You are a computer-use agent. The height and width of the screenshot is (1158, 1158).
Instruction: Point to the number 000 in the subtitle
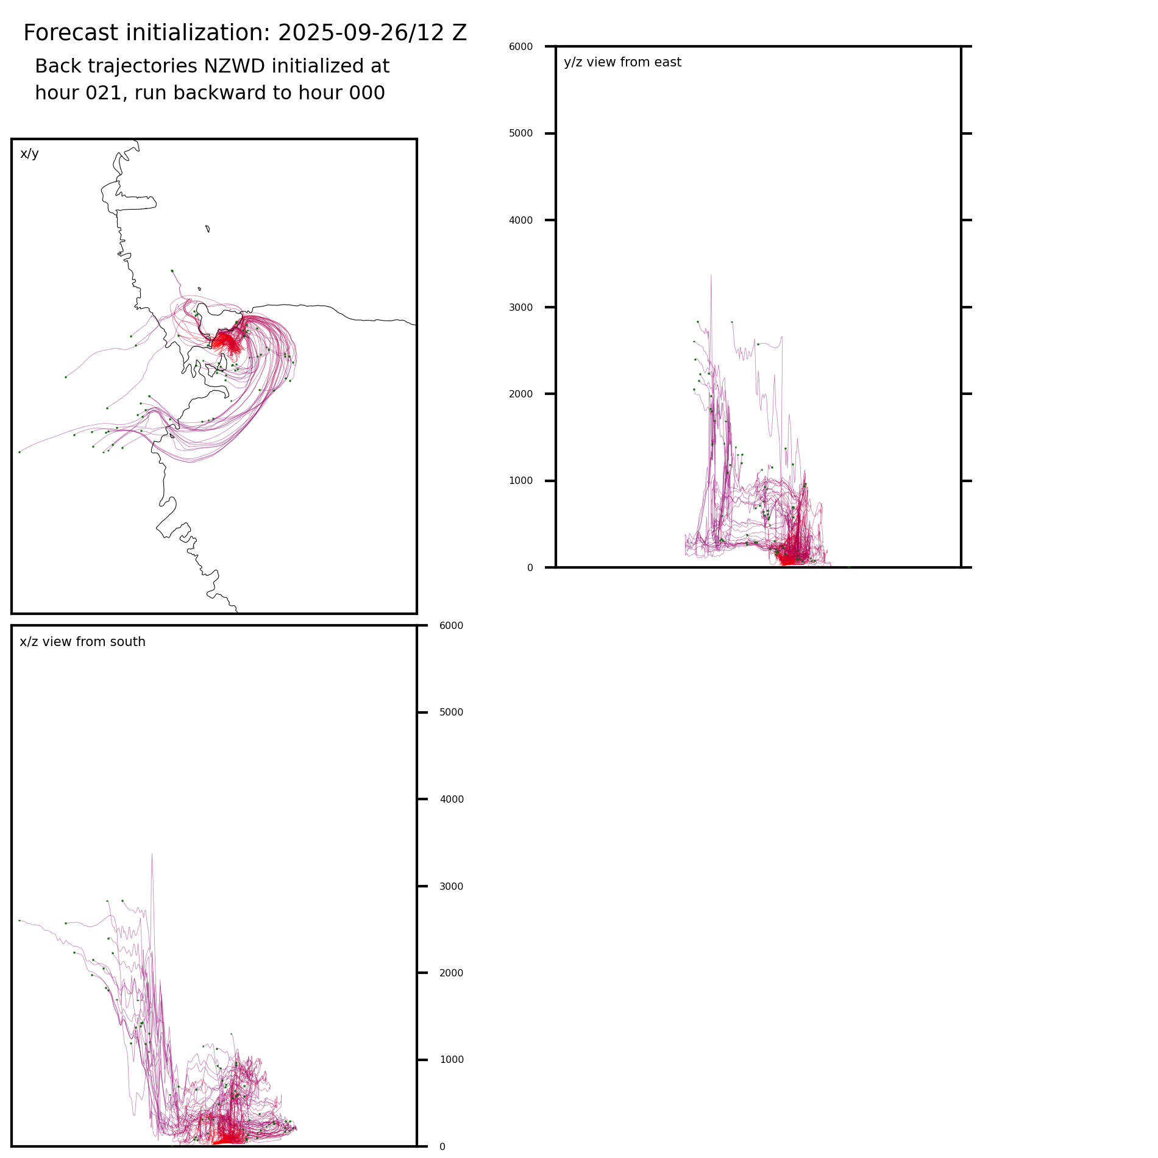(367, 93)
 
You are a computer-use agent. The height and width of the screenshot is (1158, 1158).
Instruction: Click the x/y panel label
(29, 154)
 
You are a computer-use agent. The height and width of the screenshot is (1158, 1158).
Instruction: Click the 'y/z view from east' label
(622, 62)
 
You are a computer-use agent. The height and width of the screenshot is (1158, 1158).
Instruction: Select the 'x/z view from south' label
(82, 642)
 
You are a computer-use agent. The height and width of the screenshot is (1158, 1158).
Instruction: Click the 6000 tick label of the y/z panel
(520, 47)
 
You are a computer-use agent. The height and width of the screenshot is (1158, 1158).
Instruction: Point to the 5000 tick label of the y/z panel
(520, 133)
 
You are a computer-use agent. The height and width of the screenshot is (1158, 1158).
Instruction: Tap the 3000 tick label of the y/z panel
(520, 307)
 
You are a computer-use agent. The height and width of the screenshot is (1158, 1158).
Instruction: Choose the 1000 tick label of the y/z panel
(520, 481)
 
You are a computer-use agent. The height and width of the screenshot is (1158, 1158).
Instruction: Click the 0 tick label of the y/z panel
(530, 568)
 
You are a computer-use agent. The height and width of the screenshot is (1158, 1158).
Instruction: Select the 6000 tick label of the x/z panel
(451, 626)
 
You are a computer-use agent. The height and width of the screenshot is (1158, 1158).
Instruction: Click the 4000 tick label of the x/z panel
(451, 800)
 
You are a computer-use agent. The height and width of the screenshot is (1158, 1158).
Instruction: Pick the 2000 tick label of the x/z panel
(451, 973)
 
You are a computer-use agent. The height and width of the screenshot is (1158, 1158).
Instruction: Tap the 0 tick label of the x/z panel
(442, 1147)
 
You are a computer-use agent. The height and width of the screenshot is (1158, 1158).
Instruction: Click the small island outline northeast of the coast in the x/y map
(208, 229)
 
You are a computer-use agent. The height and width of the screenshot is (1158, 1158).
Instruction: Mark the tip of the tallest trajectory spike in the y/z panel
(711, 275)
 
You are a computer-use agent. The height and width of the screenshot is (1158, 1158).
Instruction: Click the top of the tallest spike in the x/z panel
(152, 854)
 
